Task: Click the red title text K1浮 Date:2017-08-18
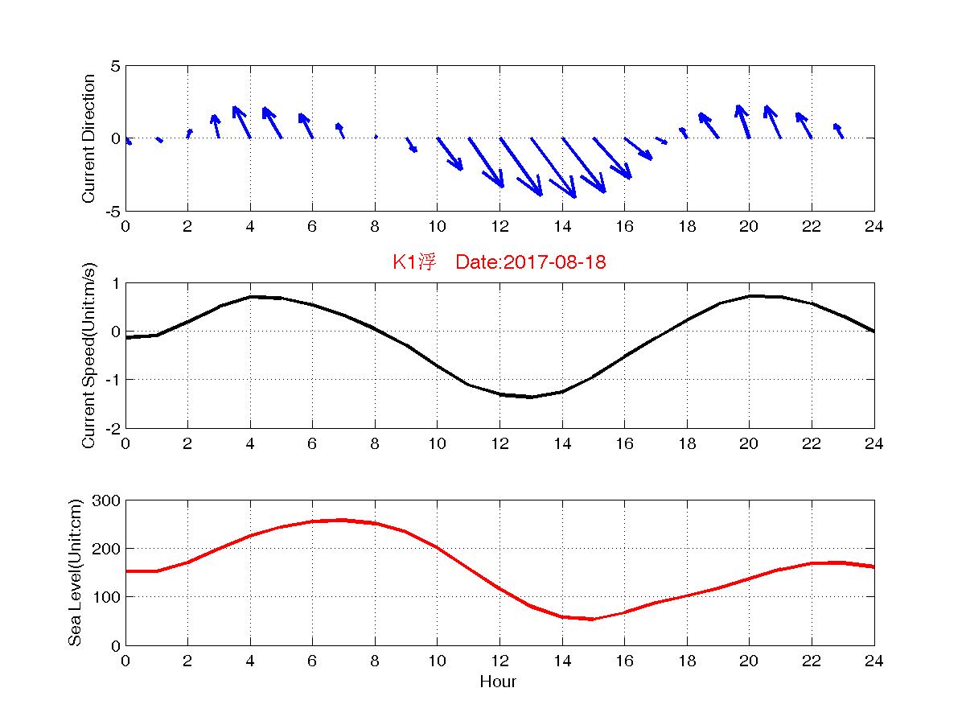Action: [x=499, y=262]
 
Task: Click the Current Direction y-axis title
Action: [x=89, y=138]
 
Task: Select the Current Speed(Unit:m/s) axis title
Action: [x=89, y=355]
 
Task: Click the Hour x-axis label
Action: [x=499, y=682]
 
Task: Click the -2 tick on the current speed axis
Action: [x=111, y=428]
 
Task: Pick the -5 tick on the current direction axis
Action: [x=111, y=211]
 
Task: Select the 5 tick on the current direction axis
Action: [x=116, y=66]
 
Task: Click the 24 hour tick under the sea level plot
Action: [x=874, y=661]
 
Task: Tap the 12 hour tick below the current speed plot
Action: [x=499, y=444]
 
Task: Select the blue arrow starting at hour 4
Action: [x=242, y=122]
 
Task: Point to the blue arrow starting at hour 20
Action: [x=743, y=122]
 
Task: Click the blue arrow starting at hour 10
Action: [x=450, y=154]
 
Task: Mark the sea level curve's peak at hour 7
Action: [x=343, y=520]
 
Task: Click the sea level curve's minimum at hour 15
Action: [x=593, y=619]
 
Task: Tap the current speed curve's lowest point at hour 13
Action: [x=531, y=397]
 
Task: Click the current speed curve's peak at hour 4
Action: [x=250, y=297]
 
